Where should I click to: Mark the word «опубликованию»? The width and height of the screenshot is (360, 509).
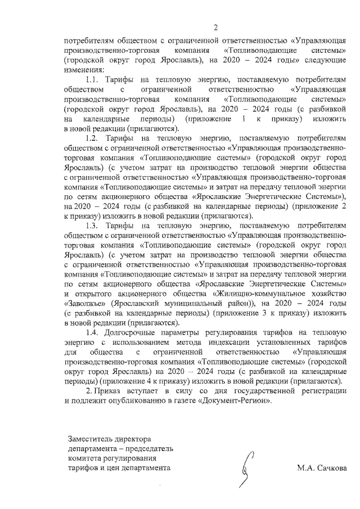(152, 400)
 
